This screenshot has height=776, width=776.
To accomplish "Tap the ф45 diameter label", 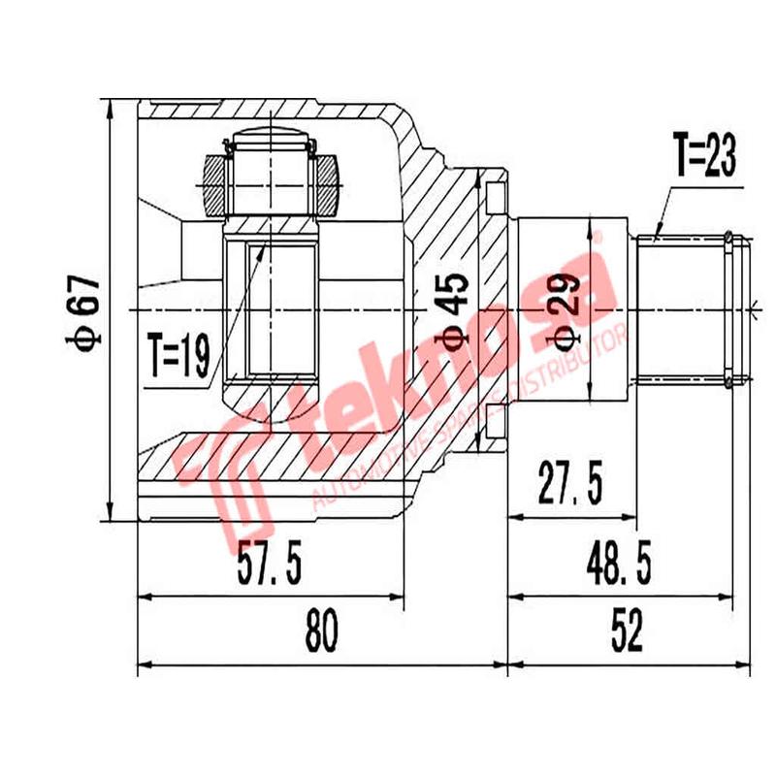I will click(x=455, y=309).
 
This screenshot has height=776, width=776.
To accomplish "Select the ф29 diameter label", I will click(x=568, y=309).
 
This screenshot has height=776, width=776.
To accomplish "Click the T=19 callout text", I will click(x=178, y=356).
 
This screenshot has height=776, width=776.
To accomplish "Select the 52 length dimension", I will click(x=628, y=634).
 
